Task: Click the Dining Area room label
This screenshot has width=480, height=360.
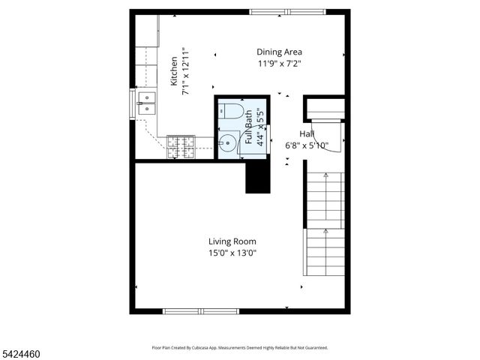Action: click(279, 52)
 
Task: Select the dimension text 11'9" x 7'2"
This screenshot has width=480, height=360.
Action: click(279, 64)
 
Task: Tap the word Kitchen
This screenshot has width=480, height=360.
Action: click(174, 71)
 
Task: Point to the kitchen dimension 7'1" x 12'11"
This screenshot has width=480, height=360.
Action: click(185, 71)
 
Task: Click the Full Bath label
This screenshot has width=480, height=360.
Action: click(249, 127)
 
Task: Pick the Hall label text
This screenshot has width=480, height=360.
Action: click(307, 133)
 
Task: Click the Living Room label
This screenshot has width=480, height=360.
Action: click(232, 241)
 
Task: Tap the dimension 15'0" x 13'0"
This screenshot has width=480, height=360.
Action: click(232, 253)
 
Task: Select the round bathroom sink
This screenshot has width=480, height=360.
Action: click(228, 141)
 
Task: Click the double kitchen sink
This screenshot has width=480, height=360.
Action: click(146, 103)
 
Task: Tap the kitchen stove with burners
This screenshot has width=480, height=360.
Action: click(180, 147)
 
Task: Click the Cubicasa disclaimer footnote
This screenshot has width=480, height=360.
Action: click(240, 348)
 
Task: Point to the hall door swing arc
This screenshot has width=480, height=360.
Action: click(333, 136)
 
